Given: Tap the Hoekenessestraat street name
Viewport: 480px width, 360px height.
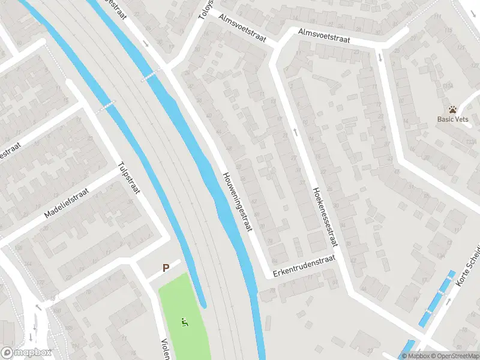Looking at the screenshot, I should (x=325, y=216).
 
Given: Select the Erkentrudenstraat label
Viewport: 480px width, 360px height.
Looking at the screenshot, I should (x=300, y=265).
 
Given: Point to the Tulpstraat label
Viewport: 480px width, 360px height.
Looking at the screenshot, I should (x=129, y=179).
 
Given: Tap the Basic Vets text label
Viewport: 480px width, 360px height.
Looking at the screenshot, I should (x=452, y=119).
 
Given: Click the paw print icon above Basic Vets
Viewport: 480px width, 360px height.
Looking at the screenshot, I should (x=452, y=109).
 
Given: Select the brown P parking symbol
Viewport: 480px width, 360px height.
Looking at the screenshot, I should (x=166, y=268).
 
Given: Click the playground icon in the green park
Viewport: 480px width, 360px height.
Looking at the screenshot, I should (x=185, y=323).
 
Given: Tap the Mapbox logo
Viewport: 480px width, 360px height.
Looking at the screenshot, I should (x=26, y=353).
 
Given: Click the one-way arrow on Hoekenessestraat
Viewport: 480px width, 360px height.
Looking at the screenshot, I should (x=295, y=131).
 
